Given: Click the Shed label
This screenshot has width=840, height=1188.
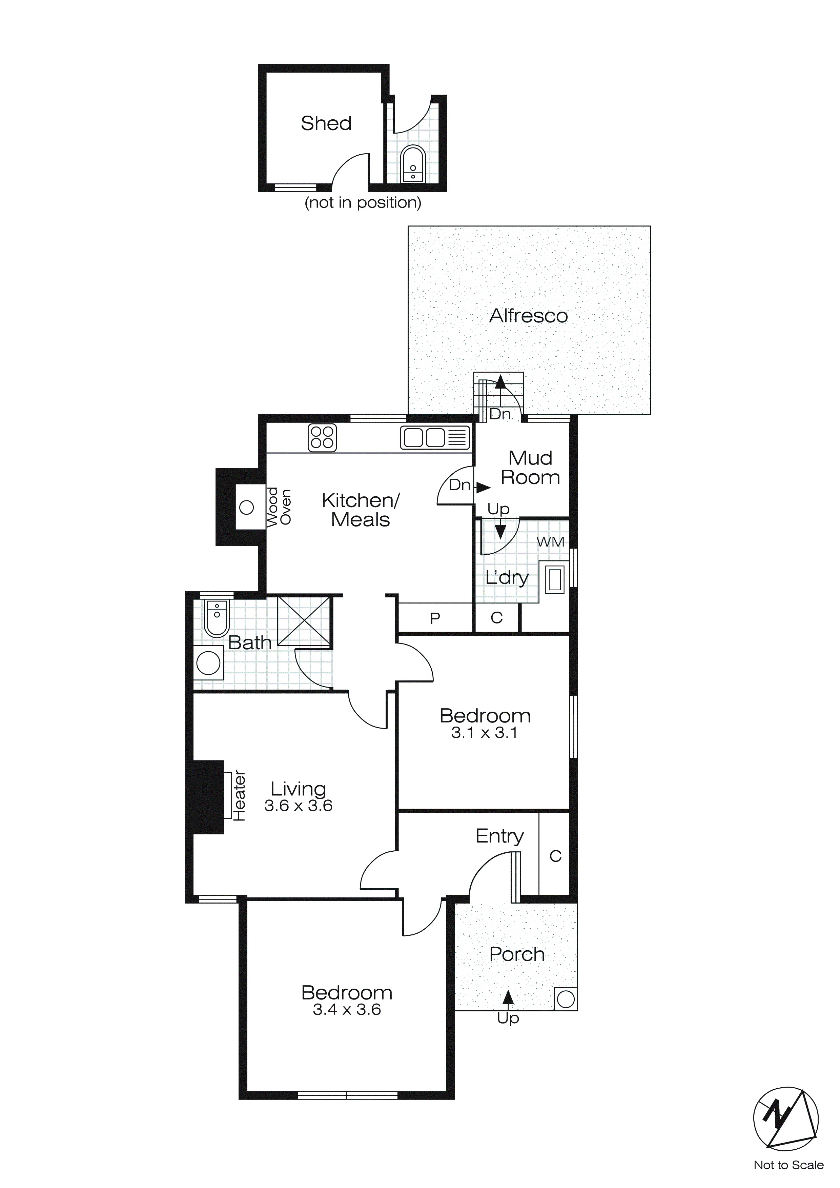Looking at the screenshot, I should (x=326, y=123).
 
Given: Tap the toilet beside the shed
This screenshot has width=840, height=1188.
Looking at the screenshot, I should (x=413, y=164).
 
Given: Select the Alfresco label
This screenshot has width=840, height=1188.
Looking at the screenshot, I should (x=528, y=316).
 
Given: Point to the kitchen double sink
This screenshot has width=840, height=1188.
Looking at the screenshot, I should (x=434, y=437).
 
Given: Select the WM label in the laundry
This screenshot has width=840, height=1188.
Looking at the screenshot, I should (x=550, y=542).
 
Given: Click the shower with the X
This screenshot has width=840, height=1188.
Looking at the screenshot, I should (x=304, y=621).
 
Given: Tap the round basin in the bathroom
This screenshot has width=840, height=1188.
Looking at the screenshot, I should (x=208, y=664).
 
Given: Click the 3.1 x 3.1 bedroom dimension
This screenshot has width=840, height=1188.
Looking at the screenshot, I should (x=484, y=733).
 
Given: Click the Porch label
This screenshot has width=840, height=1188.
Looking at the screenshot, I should (x=517, y=954).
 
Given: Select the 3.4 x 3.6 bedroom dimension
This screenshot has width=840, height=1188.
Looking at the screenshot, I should (x=347, y=1009).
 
